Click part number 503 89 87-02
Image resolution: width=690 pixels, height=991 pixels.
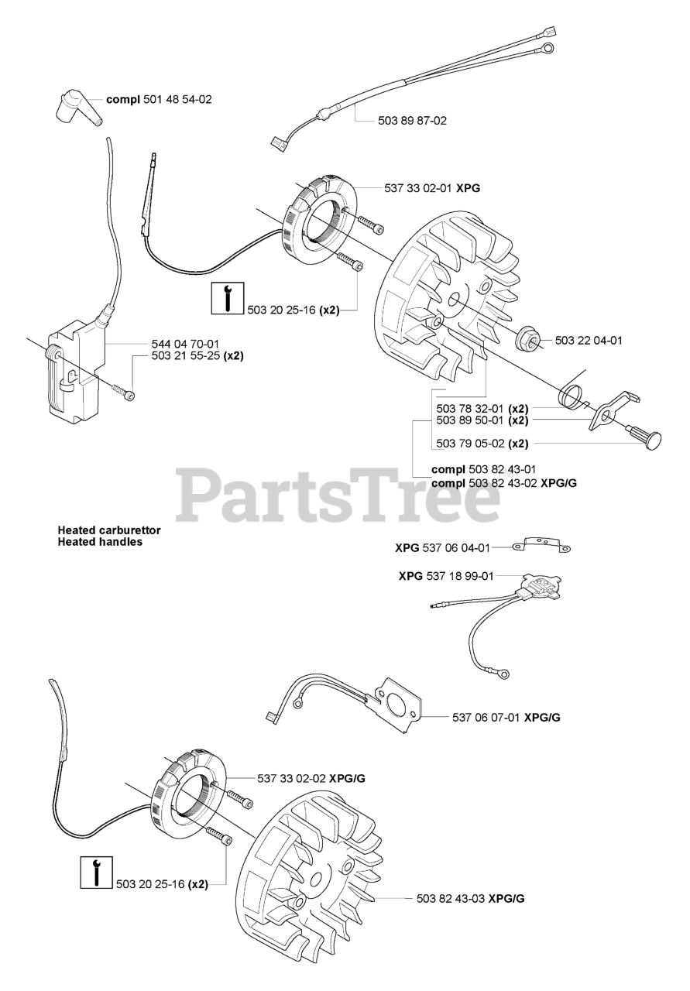(413, 121)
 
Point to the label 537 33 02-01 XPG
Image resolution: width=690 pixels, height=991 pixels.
(427, 187)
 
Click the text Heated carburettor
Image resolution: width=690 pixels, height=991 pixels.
(108, 530)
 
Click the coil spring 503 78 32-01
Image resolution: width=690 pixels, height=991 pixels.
(575, 396)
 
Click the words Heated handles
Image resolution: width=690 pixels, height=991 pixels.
(100, 542)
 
